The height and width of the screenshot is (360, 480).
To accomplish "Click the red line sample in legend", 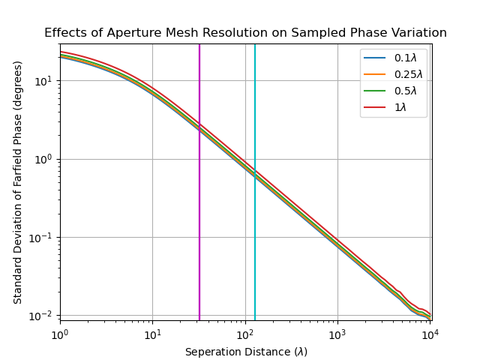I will click(375, 107).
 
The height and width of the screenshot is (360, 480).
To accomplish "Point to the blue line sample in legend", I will click(375, 58).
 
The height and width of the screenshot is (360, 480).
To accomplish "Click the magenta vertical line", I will click(199, 225).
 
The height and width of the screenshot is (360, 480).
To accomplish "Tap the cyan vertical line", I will click(255, 225).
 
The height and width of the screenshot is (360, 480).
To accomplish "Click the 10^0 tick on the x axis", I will click(60, 333).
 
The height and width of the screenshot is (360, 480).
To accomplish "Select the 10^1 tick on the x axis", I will click(152, 333).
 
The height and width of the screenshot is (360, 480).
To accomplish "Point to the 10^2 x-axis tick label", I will click(245, 333).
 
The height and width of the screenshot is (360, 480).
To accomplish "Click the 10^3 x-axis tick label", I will click(337, 333).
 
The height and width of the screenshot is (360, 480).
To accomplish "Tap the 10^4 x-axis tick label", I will click(430, 333).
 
